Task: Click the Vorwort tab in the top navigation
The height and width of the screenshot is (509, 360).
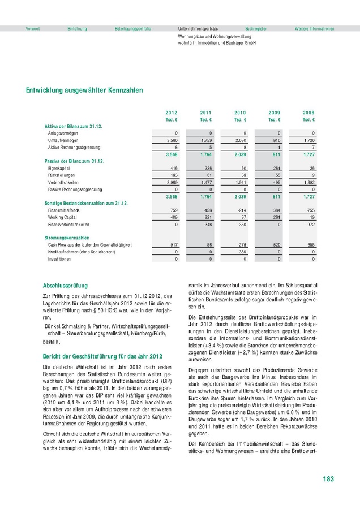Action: pyautogui.click(x=33, y=28)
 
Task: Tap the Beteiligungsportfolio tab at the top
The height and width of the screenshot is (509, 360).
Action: pyautogui.click(x=133, y=28)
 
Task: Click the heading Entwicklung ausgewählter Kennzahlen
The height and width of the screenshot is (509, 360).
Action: pyautogui.click(x=84, y=90)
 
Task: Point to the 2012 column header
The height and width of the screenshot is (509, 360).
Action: pyautogui.click(x=171, y=113)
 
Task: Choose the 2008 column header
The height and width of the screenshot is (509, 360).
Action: pyautogui.click(x=308, y=113)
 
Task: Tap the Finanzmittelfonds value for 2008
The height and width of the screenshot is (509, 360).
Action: pyautogui.click(x=308, y=210)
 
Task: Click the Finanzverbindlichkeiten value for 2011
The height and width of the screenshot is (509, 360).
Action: pyautogui.click(x=206, y=224)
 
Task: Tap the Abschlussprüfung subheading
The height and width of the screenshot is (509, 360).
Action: pyautogui.click(x=65, y=286)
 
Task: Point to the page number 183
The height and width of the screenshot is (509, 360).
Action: pyautogui.click(x=328, y=479)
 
